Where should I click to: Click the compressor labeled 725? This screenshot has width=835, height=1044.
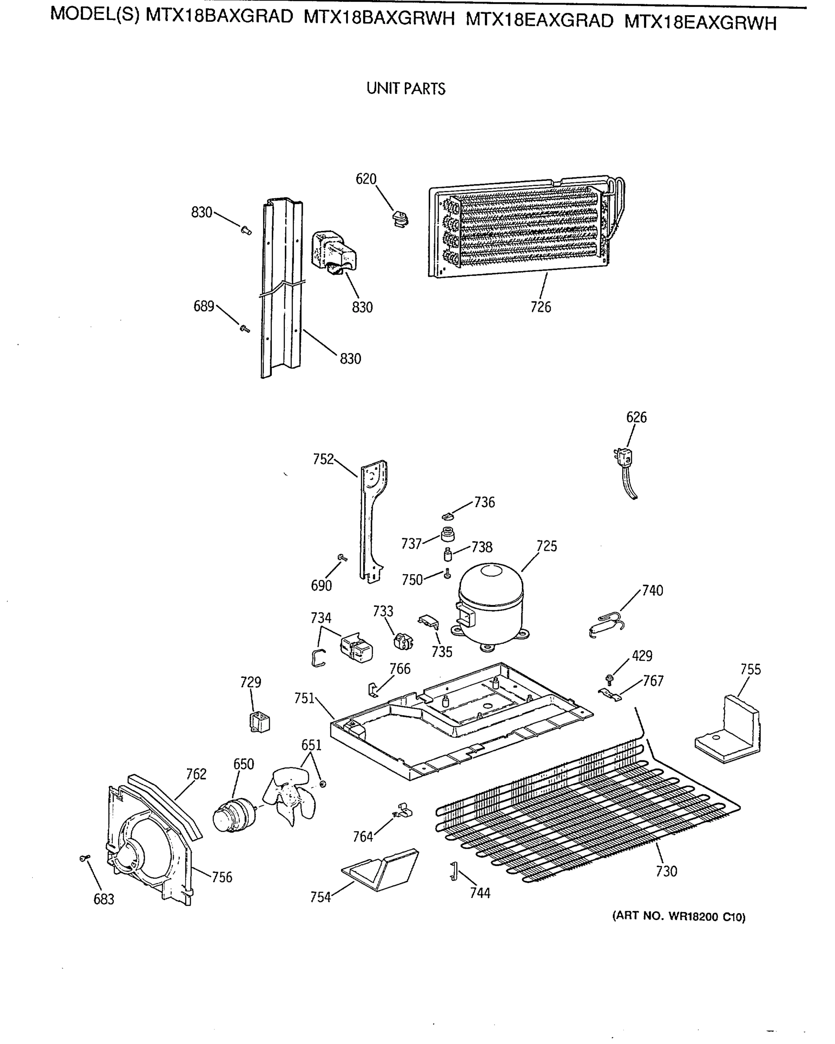(491, 604)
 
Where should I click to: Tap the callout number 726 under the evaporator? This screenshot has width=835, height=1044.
(540, 307)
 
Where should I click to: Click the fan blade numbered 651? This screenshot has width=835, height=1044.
(290, 794)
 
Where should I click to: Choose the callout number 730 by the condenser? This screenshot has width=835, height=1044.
(666, 871)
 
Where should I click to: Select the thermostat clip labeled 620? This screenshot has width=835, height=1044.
(400, 219)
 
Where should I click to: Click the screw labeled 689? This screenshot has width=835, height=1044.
(244, 329)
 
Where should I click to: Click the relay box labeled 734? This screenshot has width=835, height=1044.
(357, 647)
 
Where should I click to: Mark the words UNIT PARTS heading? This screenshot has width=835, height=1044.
(406, 89)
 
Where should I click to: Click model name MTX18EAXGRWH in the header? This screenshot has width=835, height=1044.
(700, 22)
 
